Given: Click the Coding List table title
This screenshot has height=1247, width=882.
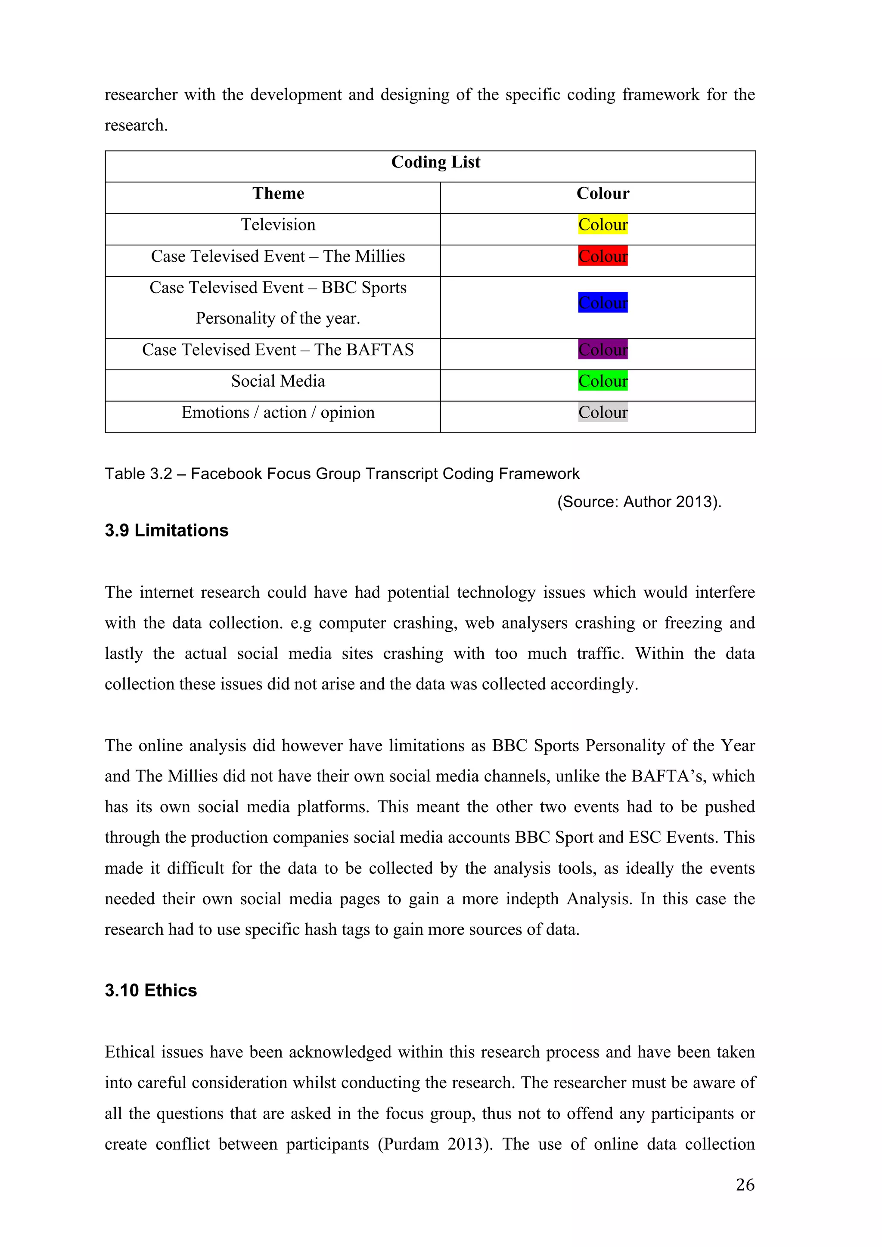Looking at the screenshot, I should pos(435,162).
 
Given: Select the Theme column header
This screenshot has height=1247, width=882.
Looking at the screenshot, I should pos(278,194).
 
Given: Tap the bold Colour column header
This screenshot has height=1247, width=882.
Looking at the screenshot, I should pos(602,194).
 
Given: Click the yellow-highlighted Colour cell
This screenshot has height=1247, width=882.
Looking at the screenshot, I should pos(602,225).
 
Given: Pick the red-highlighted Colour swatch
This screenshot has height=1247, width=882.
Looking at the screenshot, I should pos(602,256).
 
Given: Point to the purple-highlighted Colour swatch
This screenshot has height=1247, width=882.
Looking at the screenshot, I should pos(602,350).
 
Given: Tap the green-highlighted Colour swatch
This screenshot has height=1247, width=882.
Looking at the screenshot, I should pos(602,381).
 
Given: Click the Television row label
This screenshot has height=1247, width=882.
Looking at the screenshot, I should pos(278,225).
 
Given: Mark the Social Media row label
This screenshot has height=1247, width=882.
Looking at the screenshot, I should pos(278,381).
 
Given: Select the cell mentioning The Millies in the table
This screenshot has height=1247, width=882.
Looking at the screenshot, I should pos(278,256).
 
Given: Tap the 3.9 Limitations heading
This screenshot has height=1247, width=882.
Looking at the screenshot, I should pos(166,530).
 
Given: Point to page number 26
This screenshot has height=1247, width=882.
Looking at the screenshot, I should pos(745,1185).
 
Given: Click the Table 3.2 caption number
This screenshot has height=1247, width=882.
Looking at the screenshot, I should pos(139,474).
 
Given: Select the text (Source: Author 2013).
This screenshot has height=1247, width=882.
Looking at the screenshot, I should pos(639,502).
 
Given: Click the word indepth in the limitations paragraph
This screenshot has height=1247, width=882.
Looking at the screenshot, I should pos(532,899).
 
